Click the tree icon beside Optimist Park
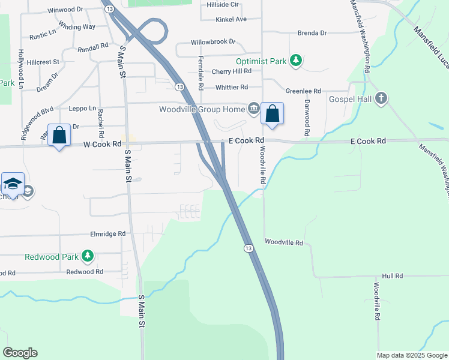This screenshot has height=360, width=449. [x=295, y=60]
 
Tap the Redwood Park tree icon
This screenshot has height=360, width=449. [x=88, y=256]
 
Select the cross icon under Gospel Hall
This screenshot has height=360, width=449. [x=381, y=99]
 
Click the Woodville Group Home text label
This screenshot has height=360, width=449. [x=202, y=109]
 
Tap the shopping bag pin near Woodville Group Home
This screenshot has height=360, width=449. [x=272, y=113]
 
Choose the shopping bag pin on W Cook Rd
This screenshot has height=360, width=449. [x=59, y=135]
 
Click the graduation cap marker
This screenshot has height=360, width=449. [x=13, y=184]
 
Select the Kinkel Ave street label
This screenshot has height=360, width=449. [x=231, y=19]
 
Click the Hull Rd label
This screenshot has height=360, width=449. [x=392, y=275]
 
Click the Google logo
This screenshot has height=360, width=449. [x=20, y=353]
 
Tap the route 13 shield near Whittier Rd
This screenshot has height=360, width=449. [x=179, y=87]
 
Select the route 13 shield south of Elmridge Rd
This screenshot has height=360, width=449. [x=247, y=248]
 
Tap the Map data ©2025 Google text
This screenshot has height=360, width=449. [x=411, y=355]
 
